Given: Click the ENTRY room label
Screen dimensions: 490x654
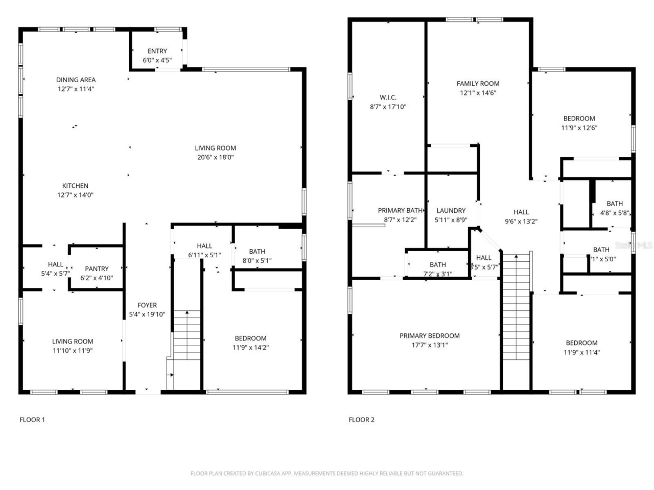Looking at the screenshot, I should (x=157, y=51).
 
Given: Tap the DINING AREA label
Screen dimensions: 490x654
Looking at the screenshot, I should (x=76, y=80).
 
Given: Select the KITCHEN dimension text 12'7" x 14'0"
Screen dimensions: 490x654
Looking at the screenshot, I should (x=75, y=195).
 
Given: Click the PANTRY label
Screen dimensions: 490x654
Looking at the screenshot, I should (x=97, y=268).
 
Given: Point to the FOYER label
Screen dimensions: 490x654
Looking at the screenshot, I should (x=147, y=305).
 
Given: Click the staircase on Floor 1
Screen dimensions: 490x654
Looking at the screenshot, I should (x=186, y=334).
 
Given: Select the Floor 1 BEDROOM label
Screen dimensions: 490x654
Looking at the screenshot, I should (x=250, y=338).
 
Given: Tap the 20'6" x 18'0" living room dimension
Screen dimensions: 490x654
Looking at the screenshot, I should (x=215, y=157).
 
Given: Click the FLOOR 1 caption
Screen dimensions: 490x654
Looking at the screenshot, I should (x=32, y=420).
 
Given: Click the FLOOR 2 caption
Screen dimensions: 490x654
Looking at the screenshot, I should (x=361, y=420).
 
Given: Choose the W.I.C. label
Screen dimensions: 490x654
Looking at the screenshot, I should (x=388, y=97).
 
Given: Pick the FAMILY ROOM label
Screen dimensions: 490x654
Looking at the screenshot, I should (x=478, y=84).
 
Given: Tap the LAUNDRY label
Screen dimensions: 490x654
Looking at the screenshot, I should (x=451, y=210).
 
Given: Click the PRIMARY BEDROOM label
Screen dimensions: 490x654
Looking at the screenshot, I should (x=429, y=335).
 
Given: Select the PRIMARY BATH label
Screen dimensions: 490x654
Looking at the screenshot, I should (x=400, y=210).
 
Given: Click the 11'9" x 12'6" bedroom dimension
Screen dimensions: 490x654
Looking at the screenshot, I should (x=579, y=128).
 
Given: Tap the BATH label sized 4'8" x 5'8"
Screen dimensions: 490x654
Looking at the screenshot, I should (x=615, y=204).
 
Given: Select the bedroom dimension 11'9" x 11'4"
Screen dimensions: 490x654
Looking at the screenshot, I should (x=581, y=352).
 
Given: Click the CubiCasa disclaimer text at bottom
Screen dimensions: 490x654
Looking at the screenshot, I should (x=327, y=473).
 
